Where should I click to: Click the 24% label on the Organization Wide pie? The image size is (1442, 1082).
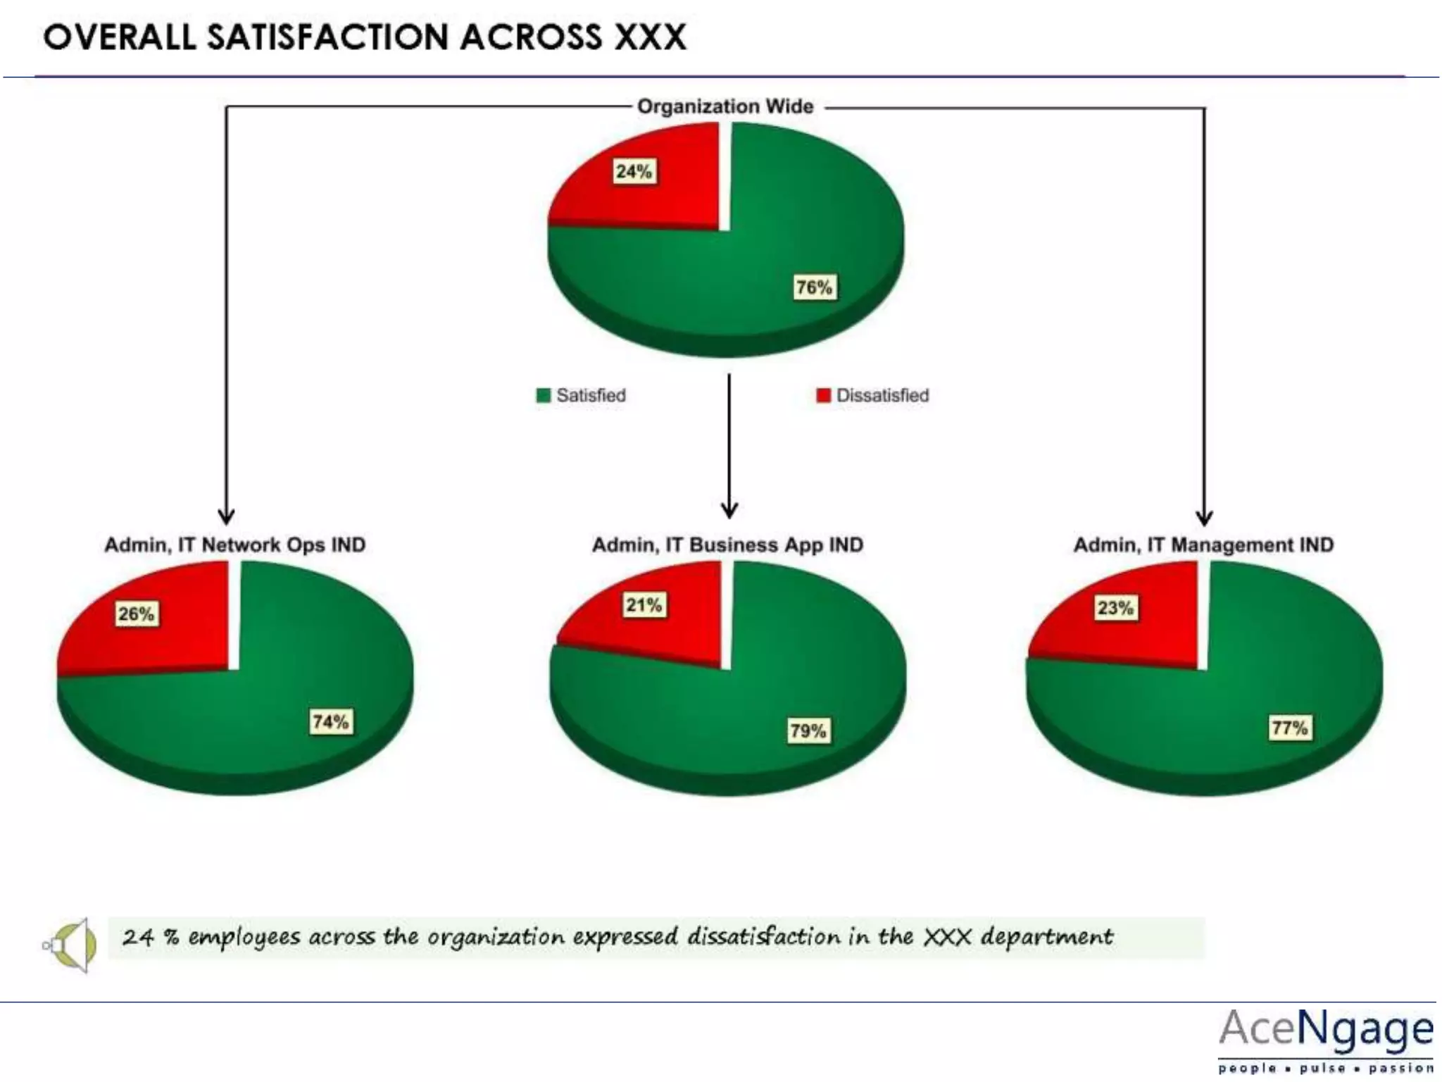point(634,171)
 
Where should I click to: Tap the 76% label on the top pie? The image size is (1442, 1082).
point(814,287)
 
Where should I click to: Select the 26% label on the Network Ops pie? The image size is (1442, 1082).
point(136,614)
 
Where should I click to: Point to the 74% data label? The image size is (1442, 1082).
point(330,722)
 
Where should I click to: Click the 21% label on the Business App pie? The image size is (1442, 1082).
point(644,605)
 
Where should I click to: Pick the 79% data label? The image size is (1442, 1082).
point(808,730)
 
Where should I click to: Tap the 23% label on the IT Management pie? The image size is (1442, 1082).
point(1115,608)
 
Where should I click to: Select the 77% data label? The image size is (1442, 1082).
point(1289,728)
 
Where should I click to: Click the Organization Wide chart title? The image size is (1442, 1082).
point(725,106)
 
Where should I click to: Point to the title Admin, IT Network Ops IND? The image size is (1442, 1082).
point(234,545)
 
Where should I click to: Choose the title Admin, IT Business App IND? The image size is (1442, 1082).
point(727,545)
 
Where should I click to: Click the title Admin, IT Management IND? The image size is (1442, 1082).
point(1203,545)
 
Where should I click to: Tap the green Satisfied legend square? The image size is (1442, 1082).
point(543,395)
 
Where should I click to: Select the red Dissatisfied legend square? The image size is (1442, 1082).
point(822,395)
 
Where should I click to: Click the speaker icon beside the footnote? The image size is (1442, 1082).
point(70,945)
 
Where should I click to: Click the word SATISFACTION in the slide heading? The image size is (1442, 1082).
point(327,37)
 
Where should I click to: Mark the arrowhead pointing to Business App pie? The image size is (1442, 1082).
point(729,509)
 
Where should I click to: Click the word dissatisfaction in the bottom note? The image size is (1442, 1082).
point(763,937)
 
